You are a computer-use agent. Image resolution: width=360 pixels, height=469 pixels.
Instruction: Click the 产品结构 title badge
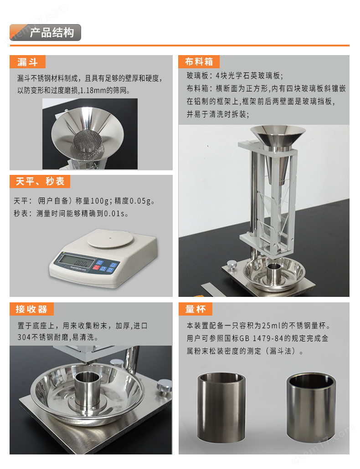(46, 33)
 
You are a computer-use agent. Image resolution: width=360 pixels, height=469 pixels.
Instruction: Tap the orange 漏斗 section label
(27, 62)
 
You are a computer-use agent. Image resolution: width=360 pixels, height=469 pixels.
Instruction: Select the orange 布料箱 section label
(199, 62)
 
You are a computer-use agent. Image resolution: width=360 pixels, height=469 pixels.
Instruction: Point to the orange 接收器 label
(31, 309)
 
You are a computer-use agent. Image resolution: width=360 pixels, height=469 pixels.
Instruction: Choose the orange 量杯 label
(195, 309)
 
